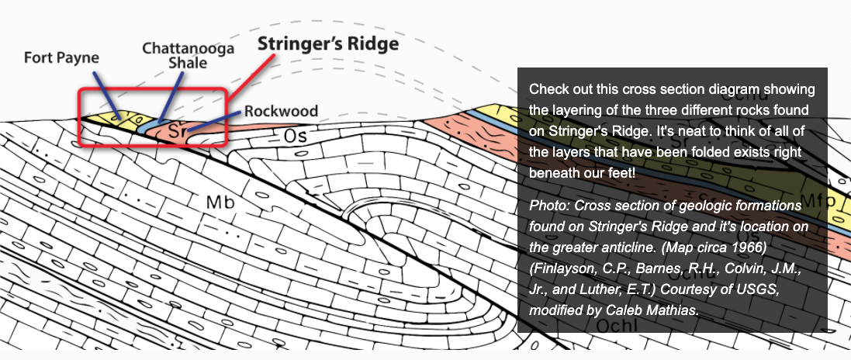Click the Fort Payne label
pos(61,58)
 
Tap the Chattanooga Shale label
pos(177,55)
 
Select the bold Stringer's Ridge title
pos(328,43)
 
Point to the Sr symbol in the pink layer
pos(178,133)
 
